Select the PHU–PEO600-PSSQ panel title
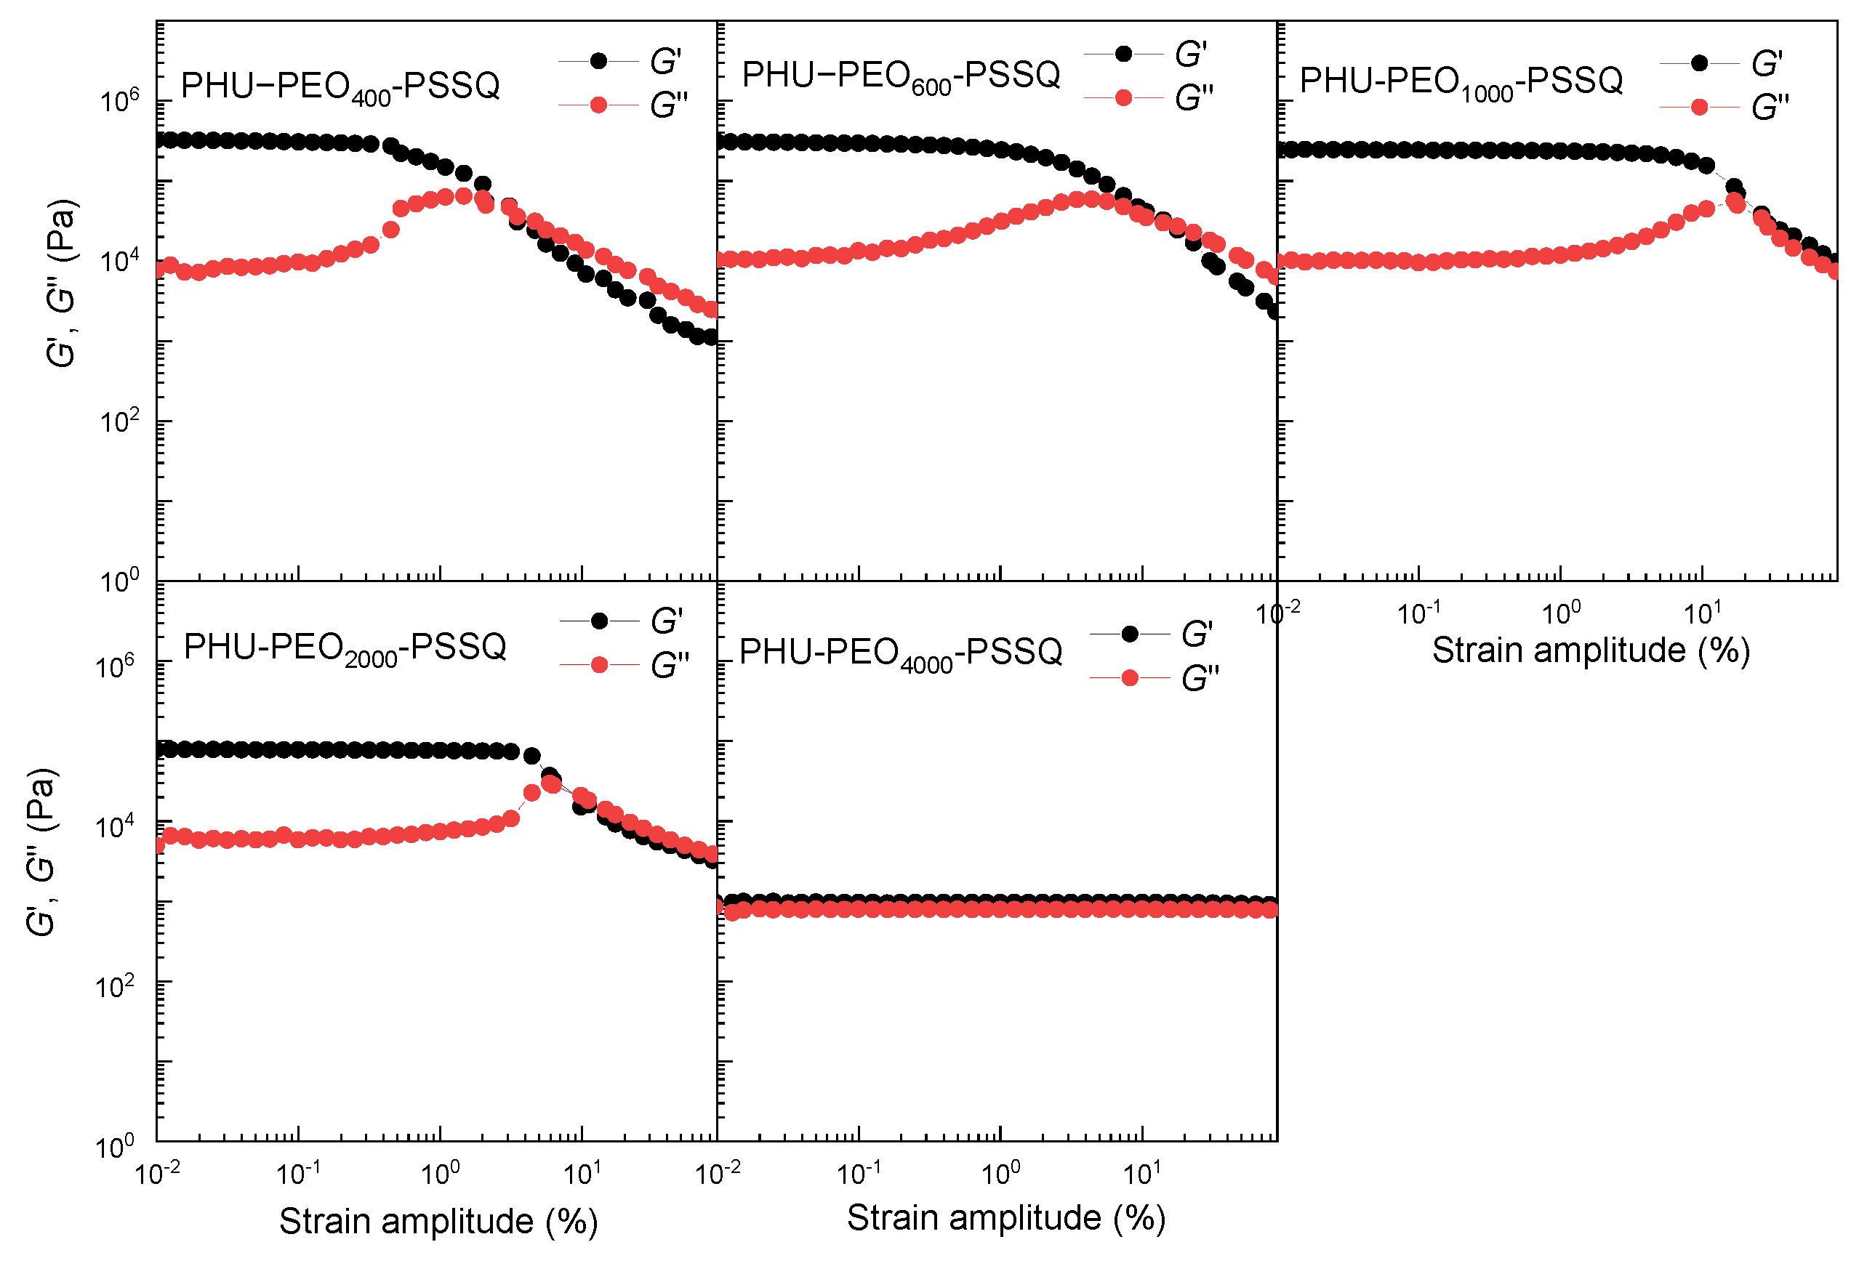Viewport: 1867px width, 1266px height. point(901,76)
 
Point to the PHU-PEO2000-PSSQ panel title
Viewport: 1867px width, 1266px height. point(345,648)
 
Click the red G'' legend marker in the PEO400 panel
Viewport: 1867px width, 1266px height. point(598,105)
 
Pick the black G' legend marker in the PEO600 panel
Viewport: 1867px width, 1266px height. point(1124,54)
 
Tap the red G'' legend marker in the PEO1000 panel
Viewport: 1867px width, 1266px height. point(1699,107)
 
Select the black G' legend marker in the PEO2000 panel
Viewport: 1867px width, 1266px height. point(598,621)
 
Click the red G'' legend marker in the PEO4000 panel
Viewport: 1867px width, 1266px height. point(1130,678)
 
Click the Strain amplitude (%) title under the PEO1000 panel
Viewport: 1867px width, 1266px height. point(1591,650)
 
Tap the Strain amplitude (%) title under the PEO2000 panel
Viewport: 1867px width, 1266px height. point(438,1221)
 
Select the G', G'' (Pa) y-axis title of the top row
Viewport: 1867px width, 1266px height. point(61,283)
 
